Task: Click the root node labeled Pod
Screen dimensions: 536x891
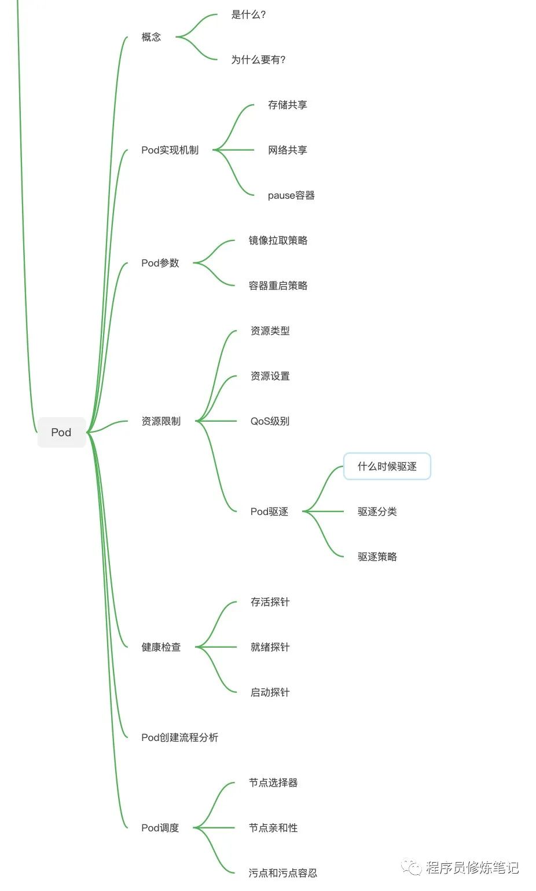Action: pos(61,432)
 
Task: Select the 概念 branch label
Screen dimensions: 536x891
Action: pos(151,37)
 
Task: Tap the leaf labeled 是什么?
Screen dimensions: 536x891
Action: pos(248,14)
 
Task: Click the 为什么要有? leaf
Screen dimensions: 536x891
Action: pos(258,60)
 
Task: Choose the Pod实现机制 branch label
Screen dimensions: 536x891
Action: pos(170,150)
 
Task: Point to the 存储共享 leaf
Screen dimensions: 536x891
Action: pos(287,105)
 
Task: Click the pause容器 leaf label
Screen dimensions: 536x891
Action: pos(291,195)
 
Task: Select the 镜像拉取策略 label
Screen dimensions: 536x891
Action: pos(278,240)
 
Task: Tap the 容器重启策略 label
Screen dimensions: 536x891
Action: pos(278,286)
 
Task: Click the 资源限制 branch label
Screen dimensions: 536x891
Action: pos(161,421)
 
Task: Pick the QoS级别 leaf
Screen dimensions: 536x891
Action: pos(270,421)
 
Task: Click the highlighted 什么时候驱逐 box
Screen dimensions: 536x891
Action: pos(387,466)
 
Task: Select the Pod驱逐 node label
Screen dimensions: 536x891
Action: pos(269,512)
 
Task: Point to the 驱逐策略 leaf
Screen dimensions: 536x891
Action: pos(377,557)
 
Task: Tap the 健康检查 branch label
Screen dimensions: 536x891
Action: pos(161,647)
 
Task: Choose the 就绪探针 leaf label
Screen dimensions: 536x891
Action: pos(270,647)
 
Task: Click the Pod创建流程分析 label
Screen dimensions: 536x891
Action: pos(179,737)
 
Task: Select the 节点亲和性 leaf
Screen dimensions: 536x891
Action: pos(273,828)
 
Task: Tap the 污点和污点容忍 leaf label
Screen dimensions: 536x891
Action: pos(282,873)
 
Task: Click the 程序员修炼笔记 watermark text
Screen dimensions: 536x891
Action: pos(472,867)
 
